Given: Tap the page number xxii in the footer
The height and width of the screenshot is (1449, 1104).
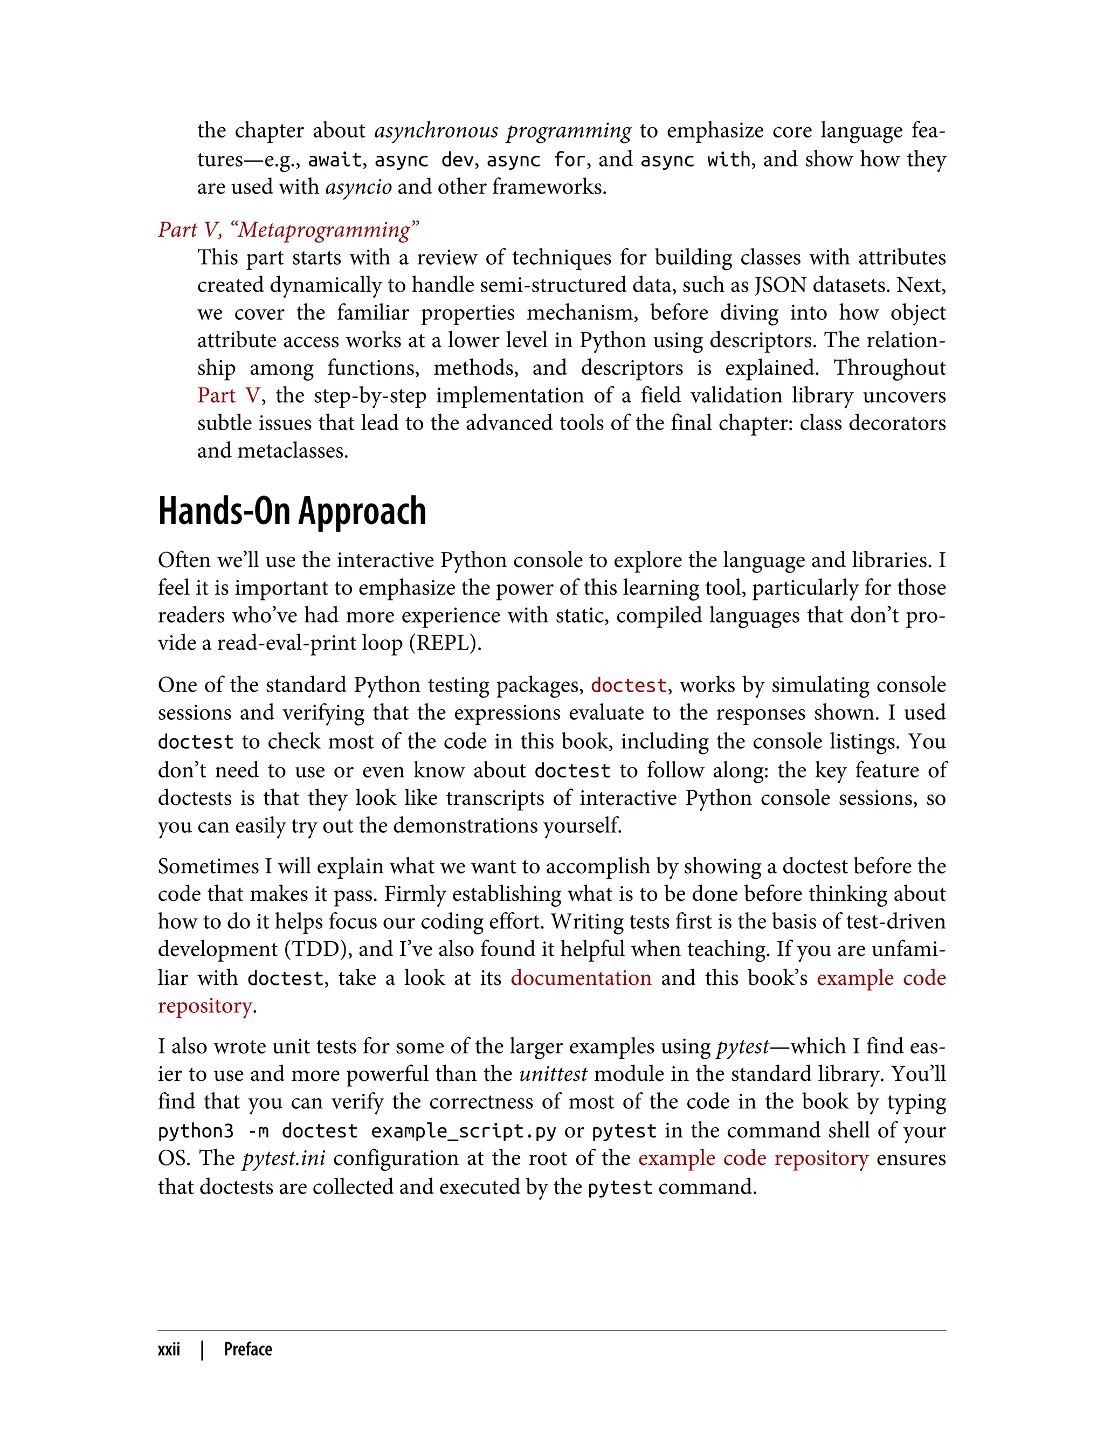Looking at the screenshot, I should click(169, 1350).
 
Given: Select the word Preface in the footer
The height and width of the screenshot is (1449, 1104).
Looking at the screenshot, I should click(248, 1350).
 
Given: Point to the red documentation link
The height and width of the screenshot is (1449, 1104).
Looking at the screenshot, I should click(581, 978).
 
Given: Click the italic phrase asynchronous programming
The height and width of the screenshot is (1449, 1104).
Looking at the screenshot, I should click(503, 131).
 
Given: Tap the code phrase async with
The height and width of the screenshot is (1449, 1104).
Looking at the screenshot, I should click(695, 160).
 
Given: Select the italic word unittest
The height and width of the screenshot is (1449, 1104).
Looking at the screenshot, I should click(553, 1074).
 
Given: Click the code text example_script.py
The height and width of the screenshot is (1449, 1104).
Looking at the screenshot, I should click(463, 1131).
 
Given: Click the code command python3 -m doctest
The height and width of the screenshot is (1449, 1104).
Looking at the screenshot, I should click(258, 1131).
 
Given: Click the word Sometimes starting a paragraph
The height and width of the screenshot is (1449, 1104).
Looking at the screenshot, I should click(208, 866).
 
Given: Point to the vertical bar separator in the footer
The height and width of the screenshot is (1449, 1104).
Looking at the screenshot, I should click(202, 1350).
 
